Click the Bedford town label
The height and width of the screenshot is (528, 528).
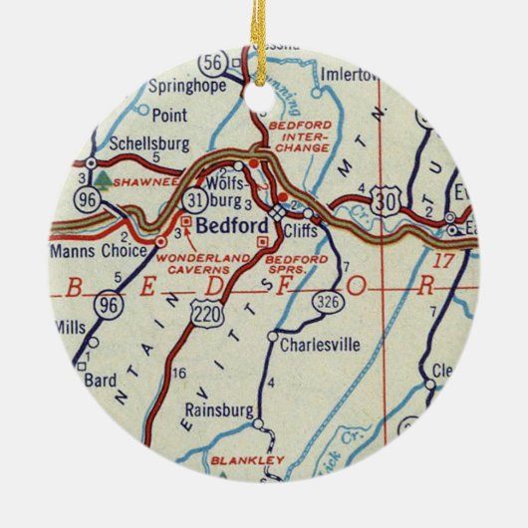(227, 226)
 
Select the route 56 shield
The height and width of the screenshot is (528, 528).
(212, 62)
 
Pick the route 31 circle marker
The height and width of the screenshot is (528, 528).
(194, 199)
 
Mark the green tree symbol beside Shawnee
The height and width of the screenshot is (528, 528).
(103, 182)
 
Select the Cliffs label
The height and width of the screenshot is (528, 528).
(300, 228)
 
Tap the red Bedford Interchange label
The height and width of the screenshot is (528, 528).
(300, 135)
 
